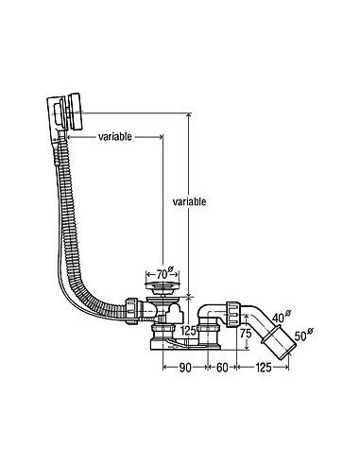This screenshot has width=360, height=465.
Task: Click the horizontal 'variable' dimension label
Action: [x=115, y=137]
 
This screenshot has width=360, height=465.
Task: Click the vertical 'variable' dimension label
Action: [x=189, y=201]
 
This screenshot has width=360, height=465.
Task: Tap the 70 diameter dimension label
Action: [x=165, y=273]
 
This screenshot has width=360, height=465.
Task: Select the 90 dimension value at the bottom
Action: [x=185, y=368]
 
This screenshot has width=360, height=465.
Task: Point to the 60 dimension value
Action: [x=222, y=368]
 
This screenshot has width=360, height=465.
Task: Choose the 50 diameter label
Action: [x=304, y=335]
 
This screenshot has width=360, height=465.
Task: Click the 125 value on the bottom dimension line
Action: [x=263, y=368]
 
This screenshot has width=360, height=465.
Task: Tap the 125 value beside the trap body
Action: [x=188, y=331]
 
